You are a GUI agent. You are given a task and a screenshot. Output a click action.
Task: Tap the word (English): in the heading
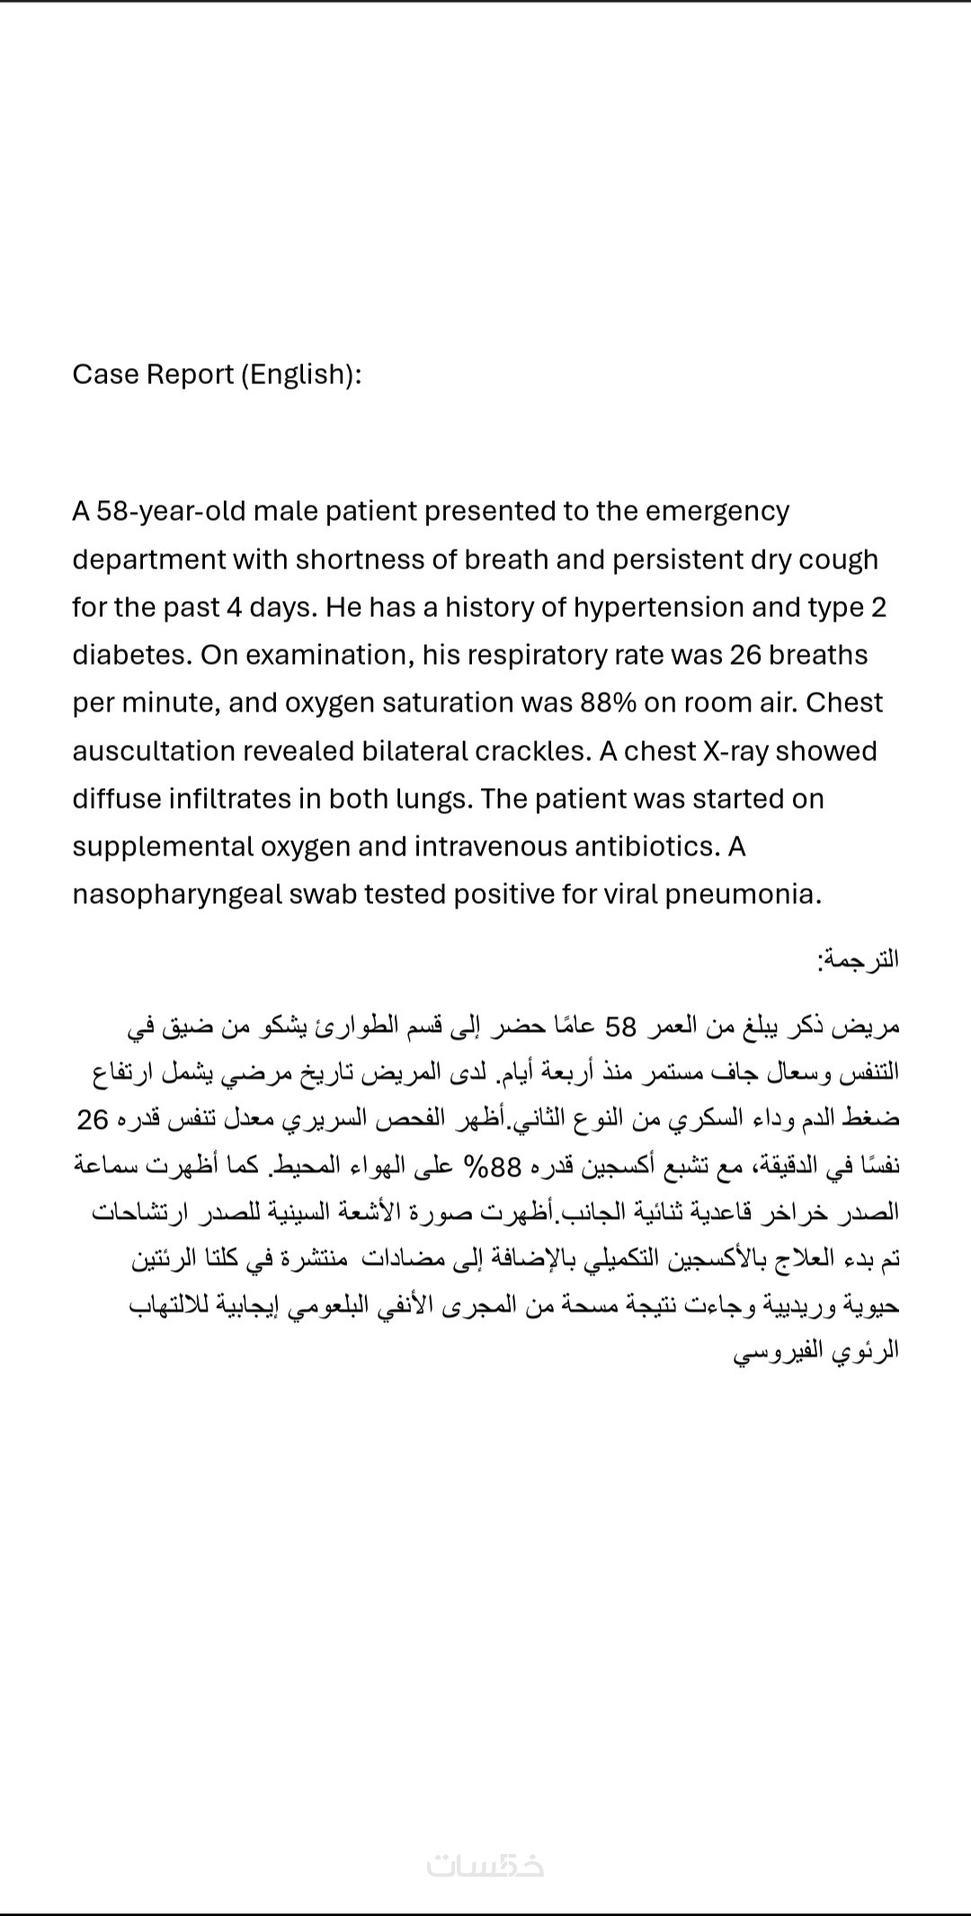(301, 374)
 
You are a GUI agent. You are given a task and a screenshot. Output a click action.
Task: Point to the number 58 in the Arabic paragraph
(621, 1025)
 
